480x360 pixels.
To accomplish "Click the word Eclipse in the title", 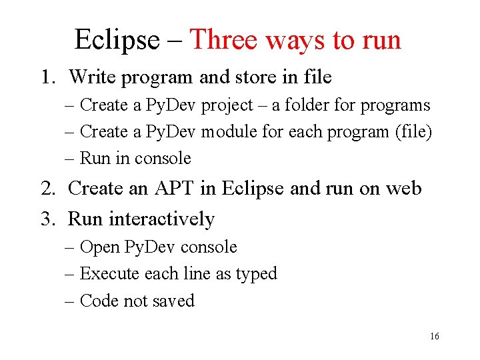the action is click(117, 40).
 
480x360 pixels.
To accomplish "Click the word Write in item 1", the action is click(92, 77).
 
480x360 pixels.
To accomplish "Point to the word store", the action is click(255, 77).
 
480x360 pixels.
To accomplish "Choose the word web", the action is click(403, 189).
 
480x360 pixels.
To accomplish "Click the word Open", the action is click(99, 247).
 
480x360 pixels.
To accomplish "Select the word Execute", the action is click(107, 274).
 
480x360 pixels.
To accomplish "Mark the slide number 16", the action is click(435, 337).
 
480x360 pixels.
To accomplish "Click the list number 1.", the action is click(46, 77).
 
